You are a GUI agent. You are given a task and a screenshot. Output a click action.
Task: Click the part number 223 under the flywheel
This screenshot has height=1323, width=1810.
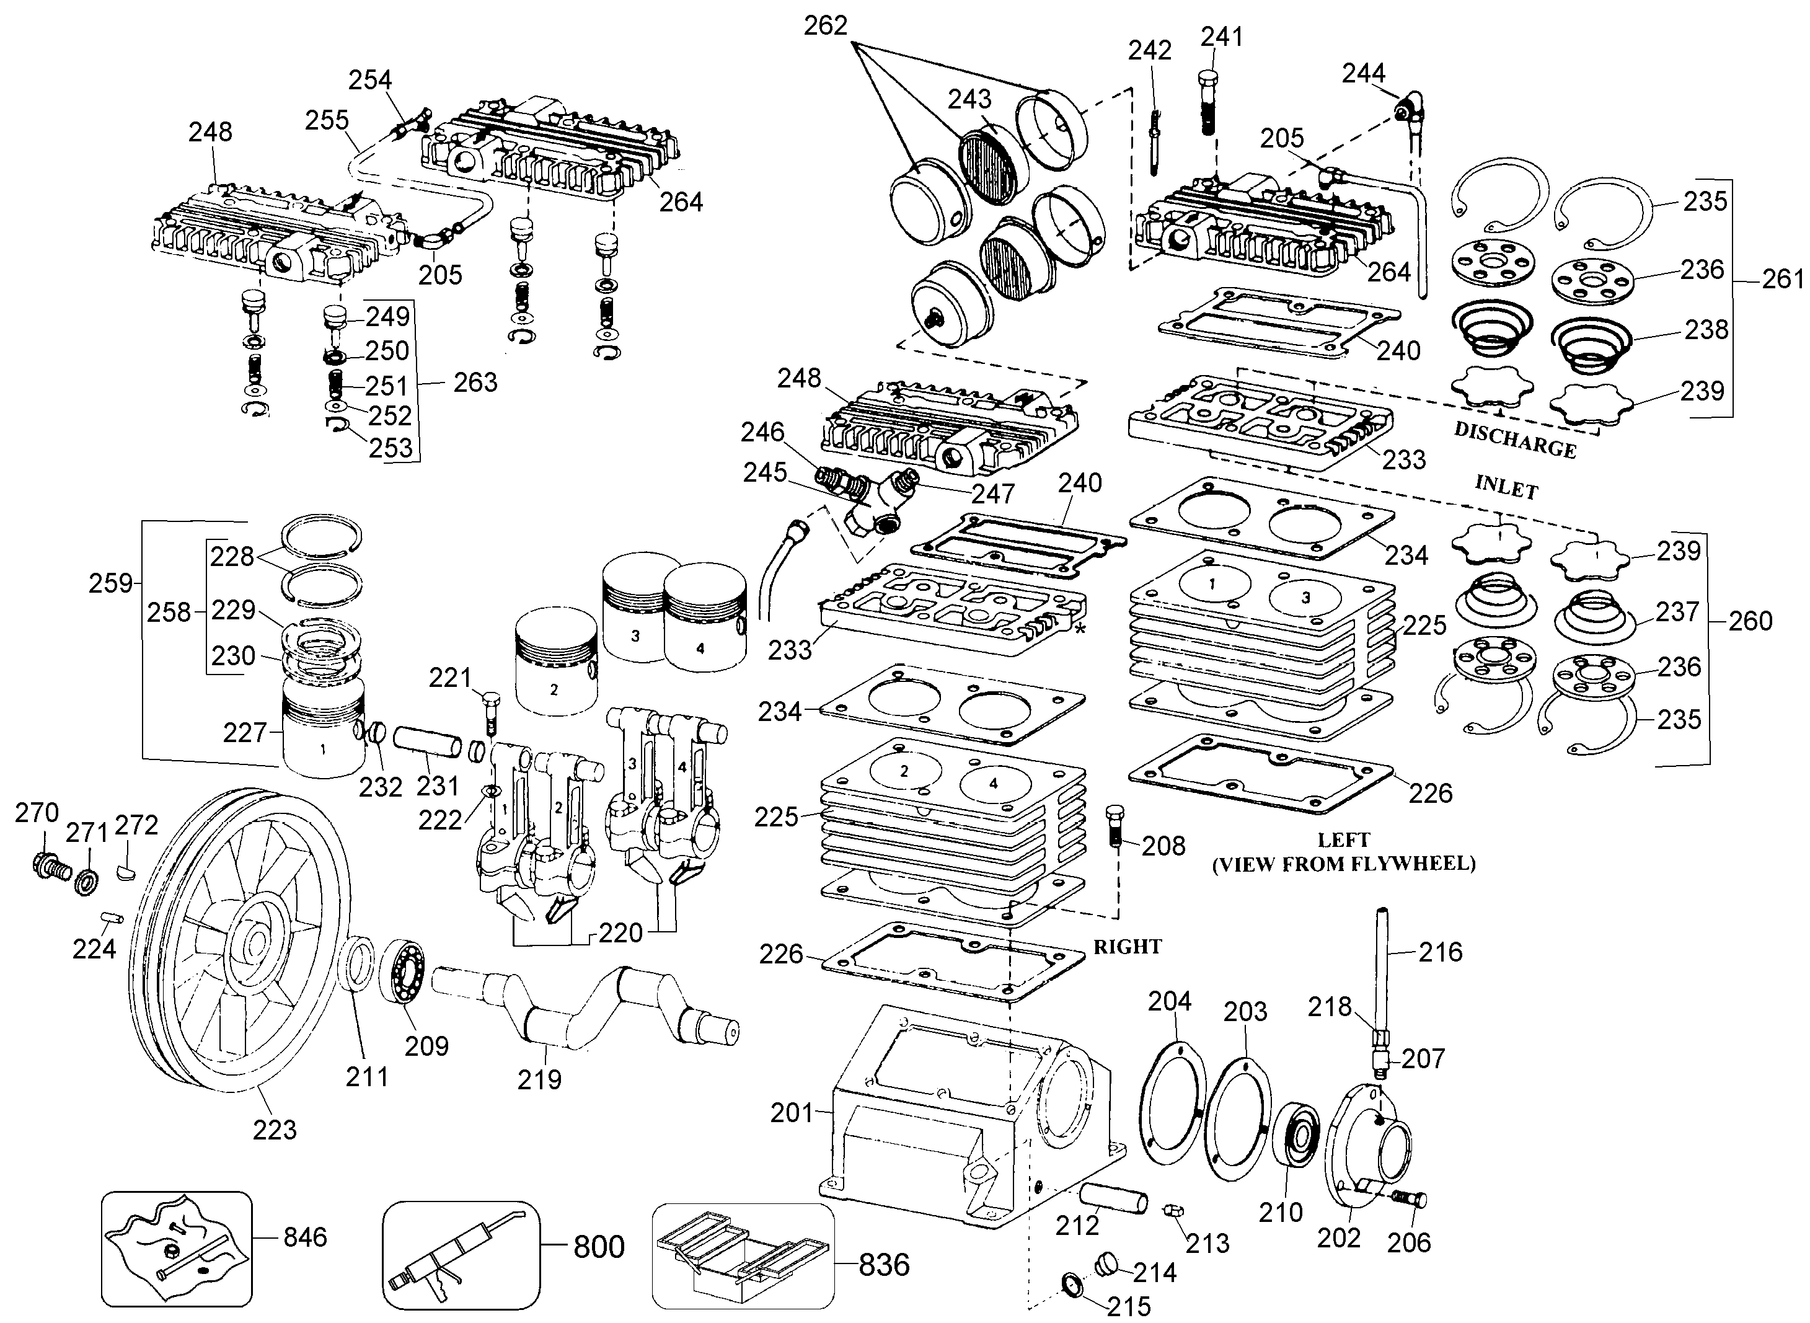(275, 1130)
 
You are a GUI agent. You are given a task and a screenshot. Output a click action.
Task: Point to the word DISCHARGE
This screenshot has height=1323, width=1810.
(1514, 440)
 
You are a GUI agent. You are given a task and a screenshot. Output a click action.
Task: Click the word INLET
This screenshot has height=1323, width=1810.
(1506, 487)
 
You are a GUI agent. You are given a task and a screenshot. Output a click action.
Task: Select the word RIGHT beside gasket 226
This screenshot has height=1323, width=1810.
(1127, 947)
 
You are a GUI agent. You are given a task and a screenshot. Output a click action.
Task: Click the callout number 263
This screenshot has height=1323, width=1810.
(475, 382)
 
